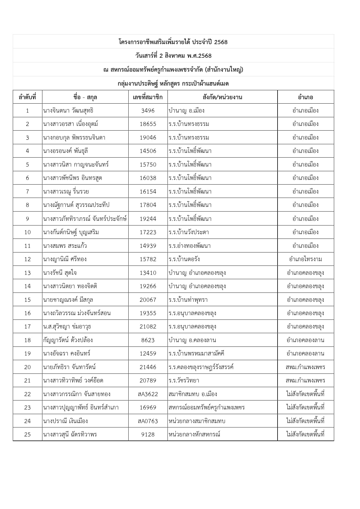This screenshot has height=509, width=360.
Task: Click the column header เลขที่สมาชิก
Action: [148, 97]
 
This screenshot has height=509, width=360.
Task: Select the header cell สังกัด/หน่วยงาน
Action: [222, 97]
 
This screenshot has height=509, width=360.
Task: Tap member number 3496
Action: [148, 111]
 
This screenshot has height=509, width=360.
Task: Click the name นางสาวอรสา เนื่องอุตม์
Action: [71, 124]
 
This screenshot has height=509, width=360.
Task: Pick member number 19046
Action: [148, 138]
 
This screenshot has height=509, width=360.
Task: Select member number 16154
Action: [148, 192]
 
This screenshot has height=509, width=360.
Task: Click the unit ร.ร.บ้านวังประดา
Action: [189, 232]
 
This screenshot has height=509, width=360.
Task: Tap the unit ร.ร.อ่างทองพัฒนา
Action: [190, 246]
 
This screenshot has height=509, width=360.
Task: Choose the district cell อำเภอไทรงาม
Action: [305, 259]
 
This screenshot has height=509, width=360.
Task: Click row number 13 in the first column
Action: [28, 273]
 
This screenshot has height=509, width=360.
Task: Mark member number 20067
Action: [148, 300]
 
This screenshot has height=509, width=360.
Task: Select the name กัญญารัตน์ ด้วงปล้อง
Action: [68, 340]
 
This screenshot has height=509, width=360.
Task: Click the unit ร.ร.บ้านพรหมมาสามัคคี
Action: [196, 353]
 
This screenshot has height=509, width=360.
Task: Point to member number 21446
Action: [148, 367]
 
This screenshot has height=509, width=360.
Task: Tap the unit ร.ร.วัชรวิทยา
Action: [184, 380]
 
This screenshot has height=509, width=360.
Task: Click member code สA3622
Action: [148, 394]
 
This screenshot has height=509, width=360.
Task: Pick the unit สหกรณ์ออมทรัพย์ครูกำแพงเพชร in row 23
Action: [206, 407]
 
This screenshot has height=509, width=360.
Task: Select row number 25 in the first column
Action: [28, 434]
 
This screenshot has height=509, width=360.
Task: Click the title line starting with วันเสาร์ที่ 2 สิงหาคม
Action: [173, 56]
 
